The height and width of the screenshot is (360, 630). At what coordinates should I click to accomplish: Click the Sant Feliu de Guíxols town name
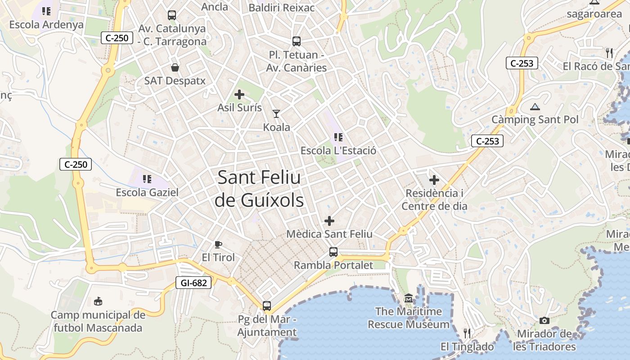pyautogui.click(x=259, y=189)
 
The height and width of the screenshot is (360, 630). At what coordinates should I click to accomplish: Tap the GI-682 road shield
pyautogui.click(x=193, y=283)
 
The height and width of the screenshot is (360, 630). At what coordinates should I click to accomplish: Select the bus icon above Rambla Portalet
pyautogui.click(x=333, y=252)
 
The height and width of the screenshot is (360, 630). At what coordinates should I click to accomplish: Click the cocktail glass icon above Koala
pyautogui.click(x=276, y=114)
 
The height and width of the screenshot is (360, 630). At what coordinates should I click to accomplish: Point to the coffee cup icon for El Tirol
pyautogui.click(x=218, y=244)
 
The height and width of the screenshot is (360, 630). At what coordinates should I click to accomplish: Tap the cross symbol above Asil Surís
pyautogui.click(x=239, y=94)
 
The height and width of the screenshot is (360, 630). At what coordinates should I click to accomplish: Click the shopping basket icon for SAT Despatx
pyautogui.click(x=175, y=68)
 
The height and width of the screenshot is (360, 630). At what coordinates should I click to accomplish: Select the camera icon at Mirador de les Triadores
pyautogui.click(x=544, y=321)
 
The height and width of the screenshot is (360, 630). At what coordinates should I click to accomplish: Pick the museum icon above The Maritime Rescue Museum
pyautogui.click(x=409, y=298)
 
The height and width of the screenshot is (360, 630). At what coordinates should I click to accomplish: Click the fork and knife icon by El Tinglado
pyautogui.click(x=467, y=333)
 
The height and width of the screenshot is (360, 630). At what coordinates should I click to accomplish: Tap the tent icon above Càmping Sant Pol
pyautogui.click(x=535, y=107)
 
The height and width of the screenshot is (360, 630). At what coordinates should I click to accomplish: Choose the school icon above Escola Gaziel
pyautogui.click(x=147, y=179)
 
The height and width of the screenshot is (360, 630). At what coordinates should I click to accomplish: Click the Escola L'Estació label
pyautogui.click(x=338, y=150)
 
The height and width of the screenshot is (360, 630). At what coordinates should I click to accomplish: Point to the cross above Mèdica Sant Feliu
pyautogui.click(x=330, y=221)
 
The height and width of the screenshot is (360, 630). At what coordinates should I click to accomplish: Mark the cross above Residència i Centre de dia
pyautogui.click(x=434, y=180)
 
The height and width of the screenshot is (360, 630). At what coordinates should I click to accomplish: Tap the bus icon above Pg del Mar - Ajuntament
pyautogui.click(x=267, y=306)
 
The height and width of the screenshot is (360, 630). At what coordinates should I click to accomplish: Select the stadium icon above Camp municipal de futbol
pyautogui.click(x=98, y=301)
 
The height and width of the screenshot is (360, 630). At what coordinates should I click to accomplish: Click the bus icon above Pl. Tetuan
pyautogui.click(x=297, y=41)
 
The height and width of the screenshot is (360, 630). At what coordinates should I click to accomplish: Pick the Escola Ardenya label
pyautogui.click(x=46, y=24)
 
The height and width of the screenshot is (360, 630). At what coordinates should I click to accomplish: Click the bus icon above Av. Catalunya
pyautogui.click(x=172, y=15)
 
